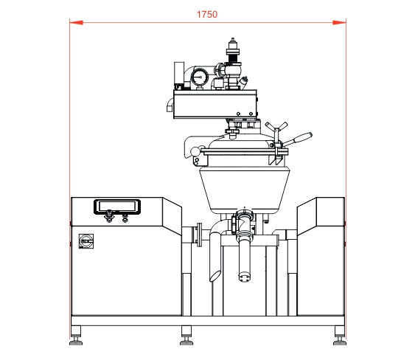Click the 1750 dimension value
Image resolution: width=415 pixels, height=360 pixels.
[207, 14]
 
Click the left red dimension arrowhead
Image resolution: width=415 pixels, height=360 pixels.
[76, 23]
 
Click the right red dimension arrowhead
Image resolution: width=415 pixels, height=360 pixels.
[339, 23]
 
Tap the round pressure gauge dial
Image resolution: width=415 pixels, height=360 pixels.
[200, 77]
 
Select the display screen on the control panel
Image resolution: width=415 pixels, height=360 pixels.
[117, 206]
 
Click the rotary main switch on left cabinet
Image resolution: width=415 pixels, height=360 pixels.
[86, 240]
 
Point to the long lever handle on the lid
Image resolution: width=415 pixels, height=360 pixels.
[298, 139]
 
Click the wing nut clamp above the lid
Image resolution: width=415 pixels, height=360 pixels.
[276, 126]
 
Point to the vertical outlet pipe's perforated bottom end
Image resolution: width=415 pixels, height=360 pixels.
[244, 277]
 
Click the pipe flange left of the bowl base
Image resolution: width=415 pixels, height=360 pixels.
[199, 235]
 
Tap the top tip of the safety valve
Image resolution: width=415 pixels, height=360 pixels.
[233, 39]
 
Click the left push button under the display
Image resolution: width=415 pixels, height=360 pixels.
[109, 217]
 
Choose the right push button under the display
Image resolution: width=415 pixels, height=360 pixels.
[125, 218]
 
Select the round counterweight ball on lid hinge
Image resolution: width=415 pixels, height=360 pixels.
[195, 151]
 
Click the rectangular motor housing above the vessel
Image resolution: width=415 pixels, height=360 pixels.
[215, 104]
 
